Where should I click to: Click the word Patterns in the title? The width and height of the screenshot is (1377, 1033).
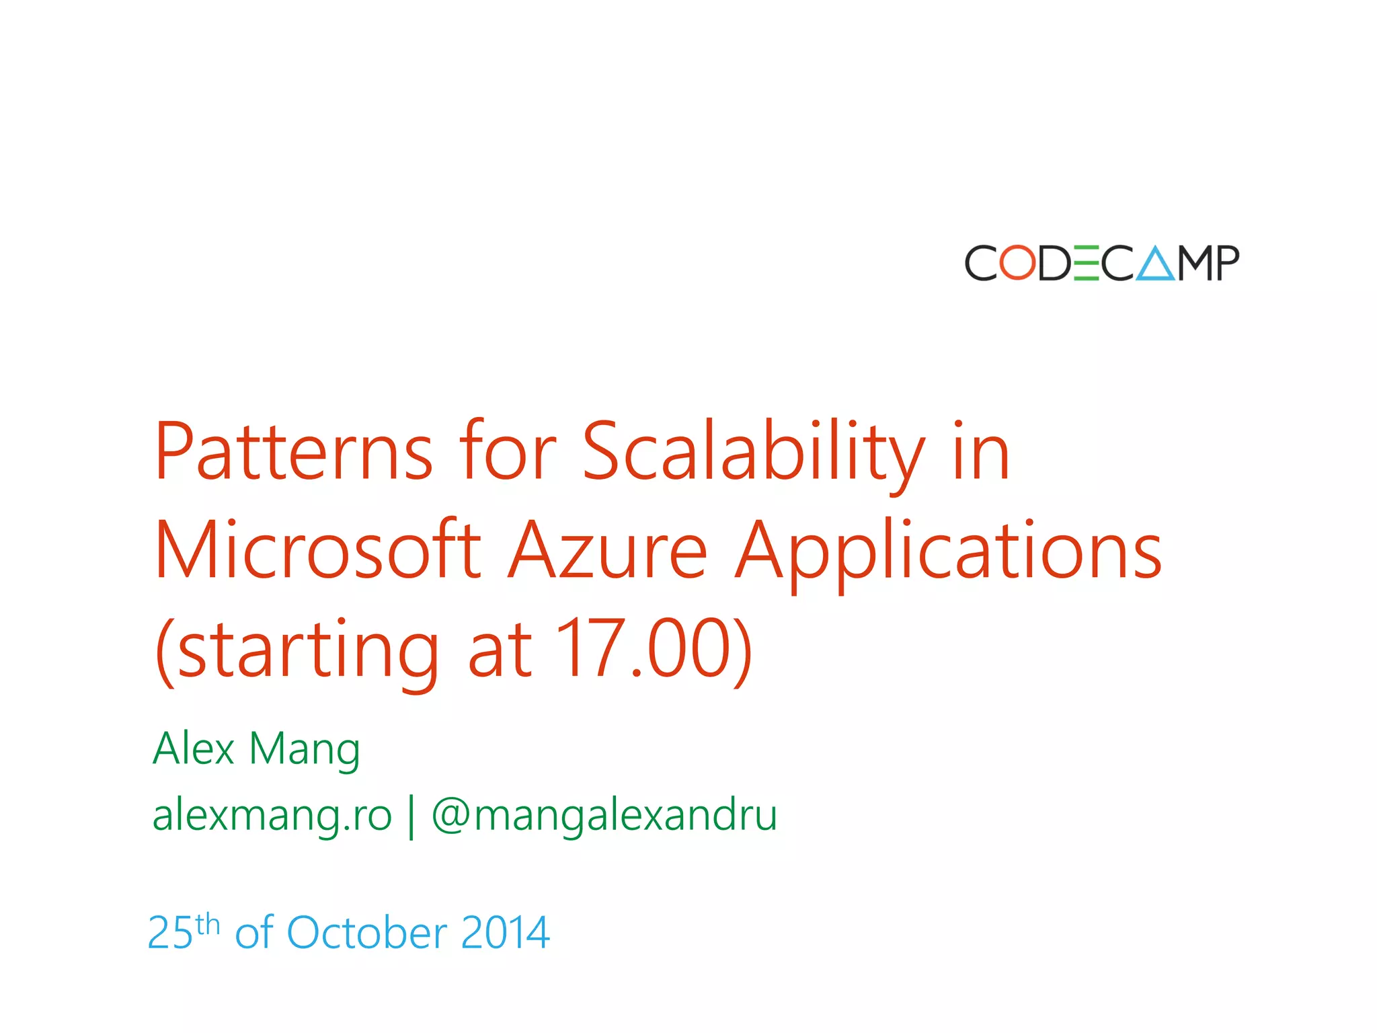[x=294, y=451]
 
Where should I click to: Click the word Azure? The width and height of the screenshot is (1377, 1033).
[x=607, y=549]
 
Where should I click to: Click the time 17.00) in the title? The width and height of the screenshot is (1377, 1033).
[x=654, y=649]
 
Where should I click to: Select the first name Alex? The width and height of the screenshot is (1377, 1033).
[x=194, y=748]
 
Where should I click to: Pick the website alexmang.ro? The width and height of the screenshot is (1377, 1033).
[x=272, y=815]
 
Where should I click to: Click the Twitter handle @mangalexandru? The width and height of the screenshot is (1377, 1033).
[x=604, y=815]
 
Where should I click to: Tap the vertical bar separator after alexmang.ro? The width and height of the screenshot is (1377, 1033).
[x=411, y=816]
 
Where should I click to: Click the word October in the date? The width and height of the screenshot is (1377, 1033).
[x=366, y=933]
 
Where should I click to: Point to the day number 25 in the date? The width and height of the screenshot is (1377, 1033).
[x=170, y=933]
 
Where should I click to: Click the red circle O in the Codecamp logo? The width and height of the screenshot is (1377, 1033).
[x=1017, y=262]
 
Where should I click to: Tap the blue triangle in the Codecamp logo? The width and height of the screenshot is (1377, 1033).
[x=1156, y=264]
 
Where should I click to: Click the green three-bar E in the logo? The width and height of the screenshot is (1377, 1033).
[x=1087, y=262]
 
